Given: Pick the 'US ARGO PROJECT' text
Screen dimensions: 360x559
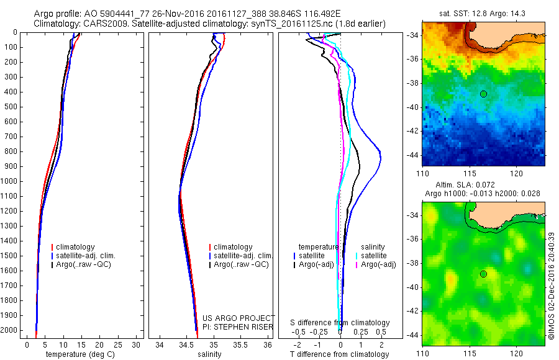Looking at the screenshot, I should pos(238,318).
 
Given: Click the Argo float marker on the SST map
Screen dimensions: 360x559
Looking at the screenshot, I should pos(483,94).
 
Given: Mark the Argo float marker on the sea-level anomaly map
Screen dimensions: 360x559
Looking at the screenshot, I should pos(483,274).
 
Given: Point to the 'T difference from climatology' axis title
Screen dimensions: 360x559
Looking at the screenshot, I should pos(339,354).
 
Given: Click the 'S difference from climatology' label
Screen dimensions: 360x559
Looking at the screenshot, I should pos(340,323).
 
